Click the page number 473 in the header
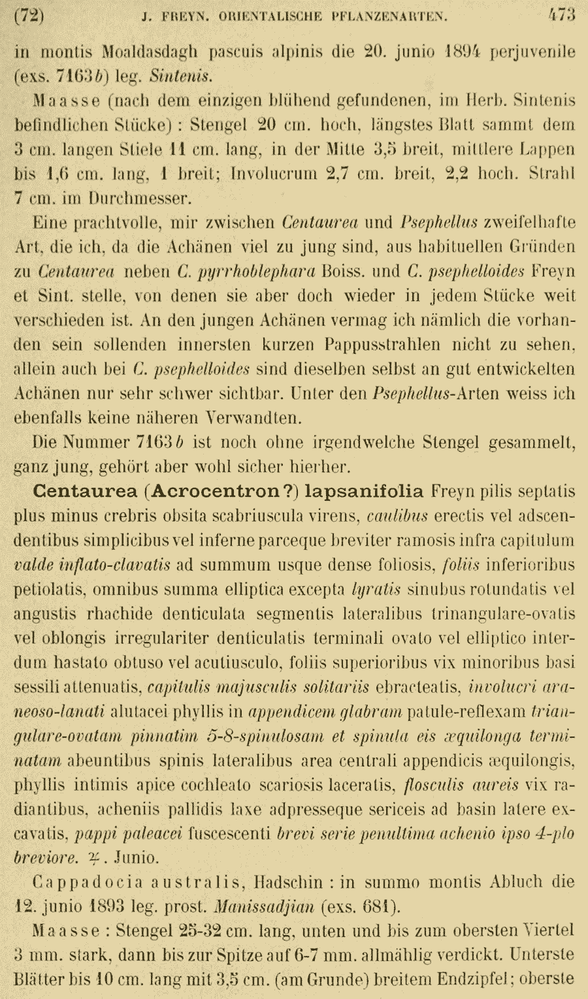561,15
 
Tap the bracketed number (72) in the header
28,15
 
